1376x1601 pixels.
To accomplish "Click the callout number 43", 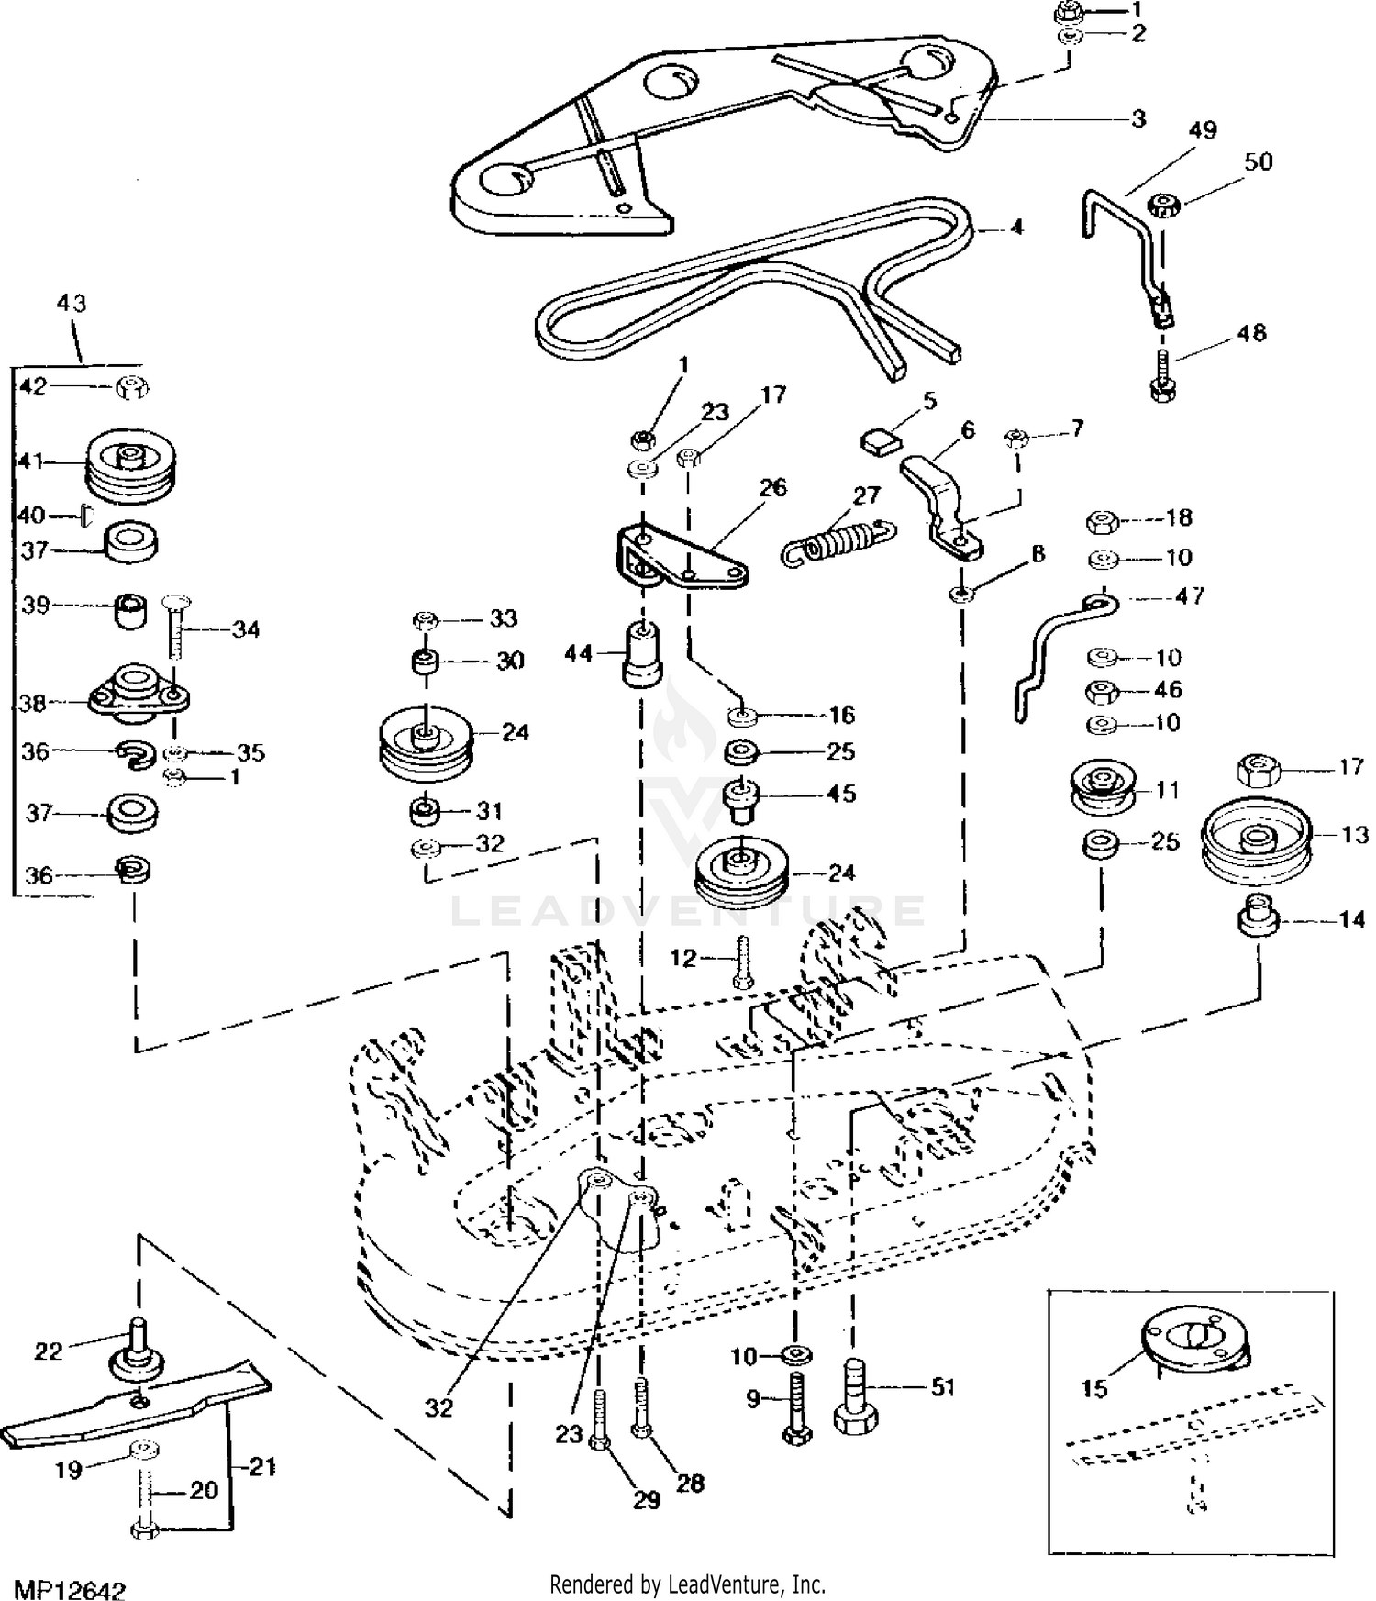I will click(71, 303).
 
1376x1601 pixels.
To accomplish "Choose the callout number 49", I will click(1202, 130).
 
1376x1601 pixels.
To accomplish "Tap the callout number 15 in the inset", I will click(1094, 1388).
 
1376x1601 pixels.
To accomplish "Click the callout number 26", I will click(773, 487).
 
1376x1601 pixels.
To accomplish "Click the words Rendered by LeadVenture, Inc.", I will click(687, 1584).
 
